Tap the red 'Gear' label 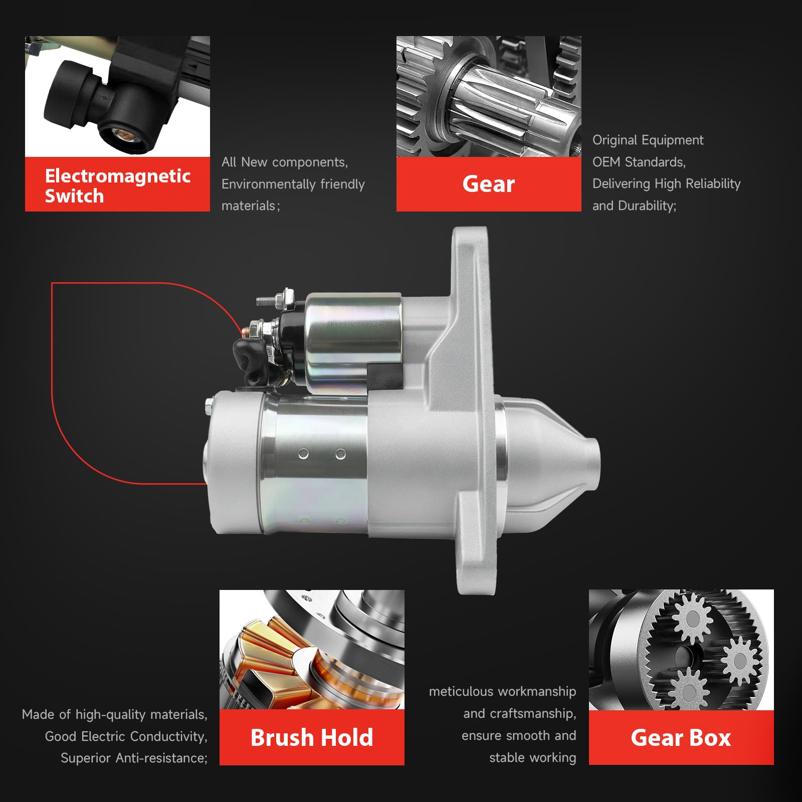tap(489, 184)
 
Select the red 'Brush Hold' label tap(312, 737)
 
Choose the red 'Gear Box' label tap(681, 737)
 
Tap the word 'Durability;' tap(647, 206)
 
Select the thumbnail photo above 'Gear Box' tap(681, 650)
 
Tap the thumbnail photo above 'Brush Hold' tap(312, 650)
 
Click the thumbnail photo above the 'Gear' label tap(489, 96)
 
